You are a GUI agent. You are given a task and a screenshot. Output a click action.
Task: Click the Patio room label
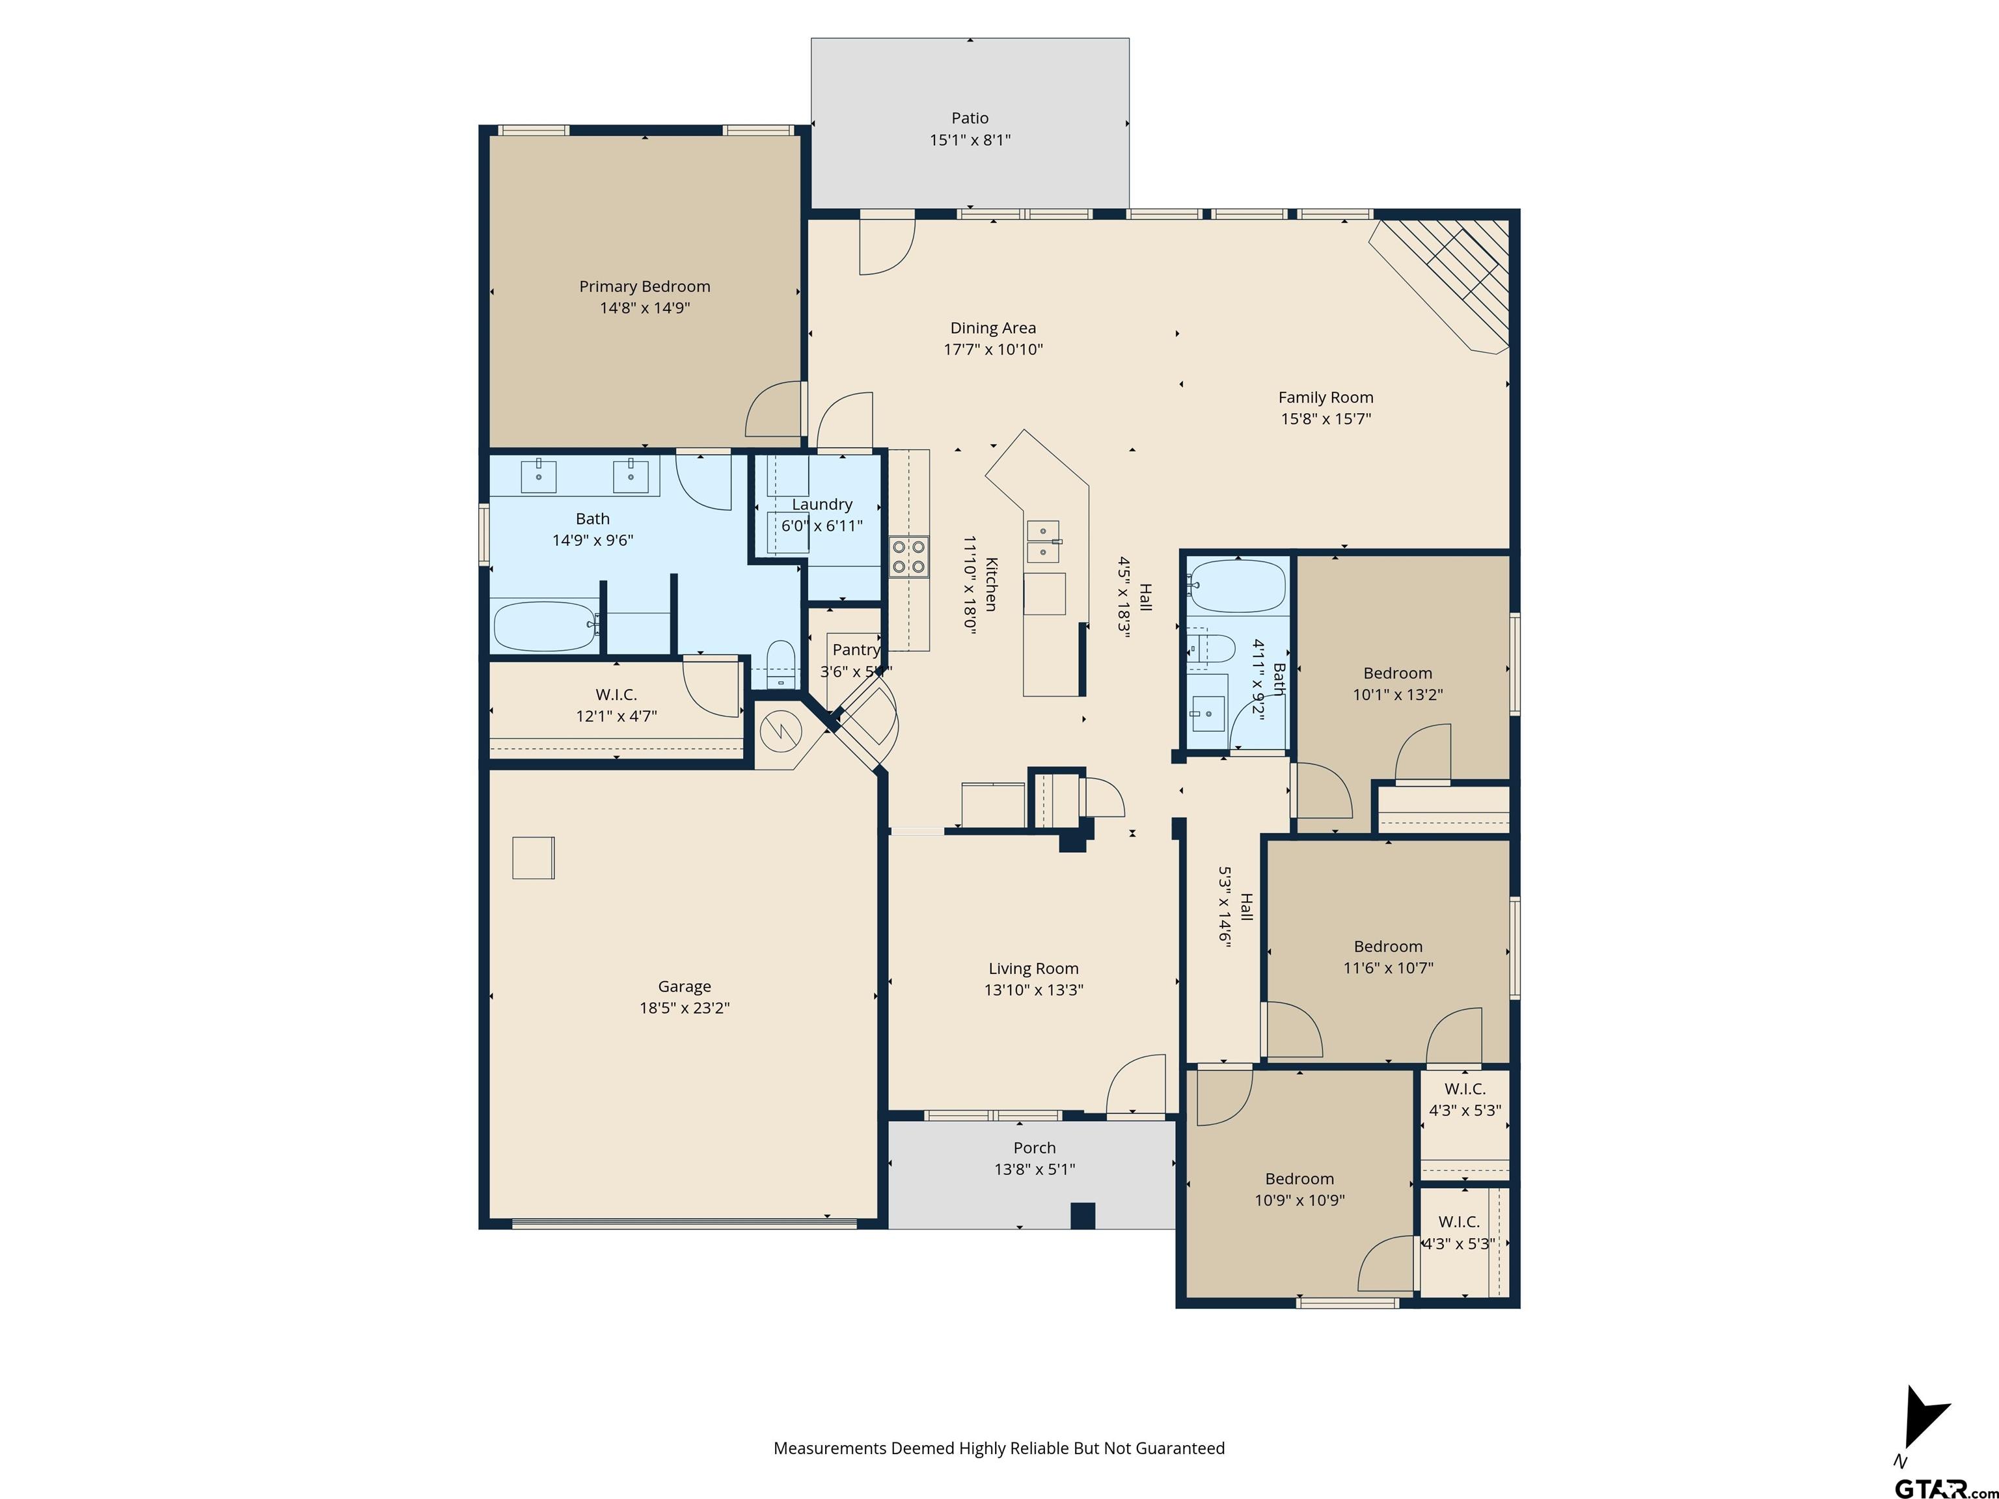click(970, 118)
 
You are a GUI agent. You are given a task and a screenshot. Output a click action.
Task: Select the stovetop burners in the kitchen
click(908, 556)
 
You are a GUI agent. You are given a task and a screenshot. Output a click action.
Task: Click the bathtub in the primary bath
click(543, 626)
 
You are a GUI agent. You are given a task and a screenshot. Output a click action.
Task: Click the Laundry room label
click(821, 504)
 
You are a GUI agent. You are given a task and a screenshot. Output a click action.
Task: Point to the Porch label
click(1034, 1148)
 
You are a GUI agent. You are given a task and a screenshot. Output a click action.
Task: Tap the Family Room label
click(1325, 398)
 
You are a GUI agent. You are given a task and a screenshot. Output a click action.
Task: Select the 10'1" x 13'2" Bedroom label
click(1397, 673)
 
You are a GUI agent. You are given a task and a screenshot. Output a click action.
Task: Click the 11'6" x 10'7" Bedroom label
click(1387, 947)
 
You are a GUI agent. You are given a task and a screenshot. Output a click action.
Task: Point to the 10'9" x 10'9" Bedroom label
click(1299, 1179)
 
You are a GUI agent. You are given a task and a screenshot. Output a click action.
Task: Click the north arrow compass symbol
click(1923, 1420)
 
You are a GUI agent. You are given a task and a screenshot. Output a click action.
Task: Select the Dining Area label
click(992, 328)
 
